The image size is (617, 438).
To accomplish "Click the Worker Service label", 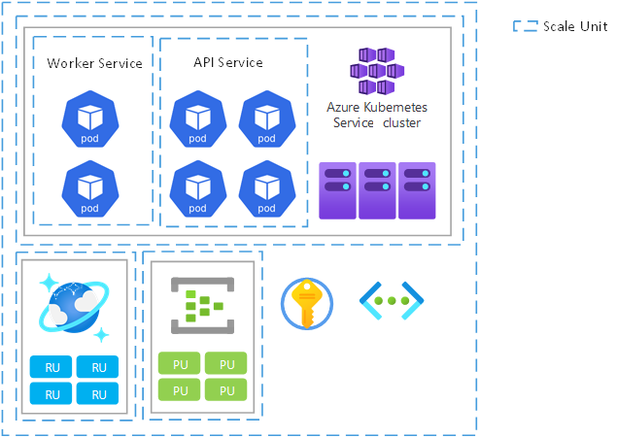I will pos(94,64).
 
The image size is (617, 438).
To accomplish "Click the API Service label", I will pos(228,62).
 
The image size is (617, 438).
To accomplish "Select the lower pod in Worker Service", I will pos(89,188).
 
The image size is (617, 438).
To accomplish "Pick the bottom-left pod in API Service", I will pos(197,188).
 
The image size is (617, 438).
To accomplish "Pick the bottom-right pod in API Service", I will pos(266,188).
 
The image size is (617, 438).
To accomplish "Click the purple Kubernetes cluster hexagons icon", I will pos(376,70).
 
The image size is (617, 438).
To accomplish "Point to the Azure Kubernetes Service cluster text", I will pos(377,115).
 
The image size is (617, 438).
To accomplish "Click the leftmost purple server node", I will pos(337,189).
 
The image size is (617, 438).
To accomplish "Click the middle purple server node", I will pos(377,189).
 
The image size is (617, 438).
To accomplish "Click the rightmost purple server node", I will pos(417,189).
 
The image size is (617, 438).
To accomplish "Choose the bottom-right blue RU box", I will pos(98,393).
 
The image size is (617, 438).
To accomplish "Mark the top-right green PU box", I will pos(226,364).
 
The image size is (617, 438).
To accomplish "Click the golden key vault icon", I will pos(306,304).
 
